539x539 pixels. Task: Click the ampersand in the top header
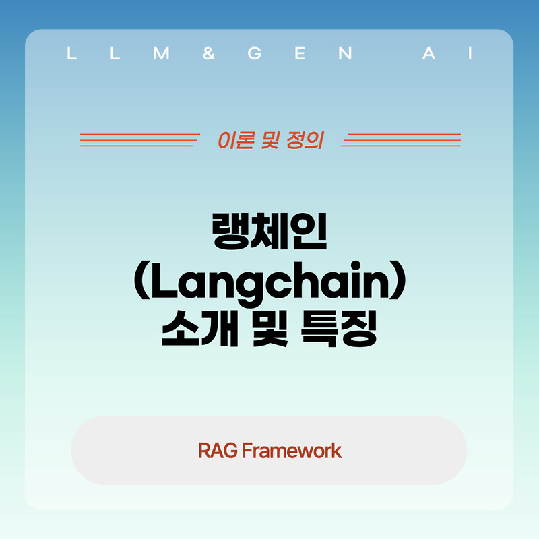(208, 55)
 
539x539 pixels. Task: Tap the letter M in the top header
(161, 55)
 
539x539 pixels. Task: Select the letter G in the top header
(254, 55)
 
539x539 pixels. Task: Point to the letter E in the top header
(300, 55)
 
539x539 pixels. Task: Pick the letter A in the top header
(429, 55)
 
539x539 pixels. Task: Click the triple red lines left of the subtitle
(140, 139)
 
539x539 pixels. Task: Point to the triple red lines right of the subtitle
(401, 139)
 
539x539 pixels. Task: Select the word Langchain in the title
(269, 284)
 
